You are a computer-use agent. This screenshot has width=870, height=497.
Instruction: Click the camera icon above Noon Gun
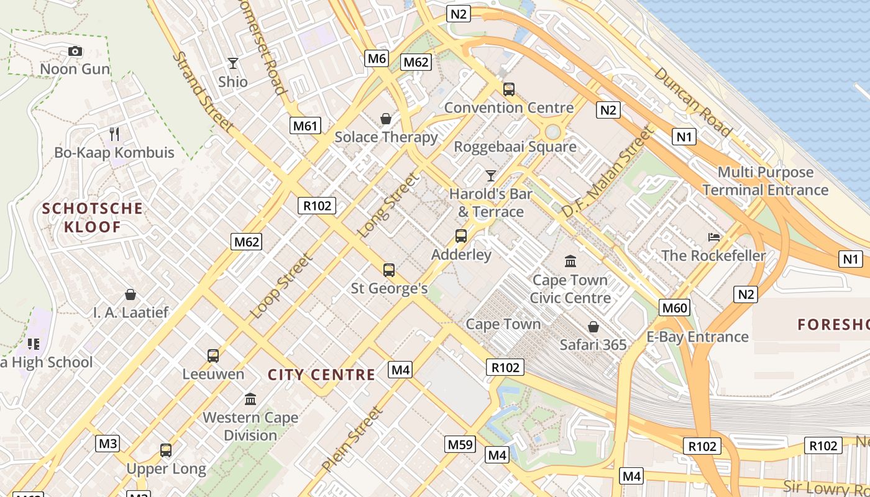(x=75, y=51)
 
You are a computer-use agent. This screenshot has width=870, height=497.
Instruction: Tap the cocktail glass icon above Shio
(x=233, y=63)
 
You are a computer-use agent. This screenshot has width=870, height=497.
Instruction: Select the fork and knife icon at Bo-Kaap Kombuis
(x=114, y=134)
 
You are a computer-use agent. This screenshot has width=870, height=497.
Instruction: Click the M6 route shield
(x=377, y=58)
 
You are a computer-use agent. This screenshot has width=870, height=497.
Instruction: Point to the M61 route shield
(x=305, y=126)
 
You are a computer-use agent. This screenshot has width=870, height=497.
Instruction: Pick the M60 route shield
(x=675, y=308)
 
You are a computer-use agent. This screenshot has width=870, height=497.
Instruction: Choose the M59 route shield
(x=460, y=444)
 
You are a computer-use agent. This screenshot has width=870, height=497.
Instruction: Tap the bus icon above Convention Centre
(x=509, y=89)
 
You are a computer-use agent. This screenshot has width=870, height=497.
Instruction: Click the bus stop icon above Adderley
(x=461, y=236)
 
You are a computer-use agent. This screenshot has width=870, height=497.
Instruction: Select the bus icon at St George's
(x=389, y=270)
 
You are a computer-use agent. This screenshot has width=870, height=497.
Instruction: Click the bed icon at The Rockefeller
(x=714, y=237)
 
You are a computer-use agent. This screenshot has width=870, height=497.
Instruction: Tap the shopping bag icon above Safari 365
(x=593, y=326)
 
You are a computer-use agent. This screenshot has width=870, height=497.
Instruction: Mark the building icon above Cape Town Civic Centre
(x=570, y=261)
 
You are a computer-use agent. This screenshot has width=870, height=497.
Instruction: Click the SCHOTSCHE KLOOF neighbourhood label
(x=92, y=217)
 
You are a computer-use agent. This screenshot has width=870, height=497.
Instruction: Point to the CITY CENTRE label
(x=321, y=375)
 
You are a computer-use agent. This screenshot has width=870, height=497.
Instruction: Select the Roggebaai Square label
(x=515, y=147)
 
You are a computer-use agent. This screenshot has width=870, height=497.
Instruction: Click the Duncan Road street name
(x=692, y=101)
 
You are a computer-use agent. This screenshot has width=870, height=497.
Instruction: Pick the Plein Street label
(x=352, y=439)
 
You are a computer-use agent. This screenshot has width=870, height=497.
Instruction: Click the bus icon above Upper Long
(x=166, y=450)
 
